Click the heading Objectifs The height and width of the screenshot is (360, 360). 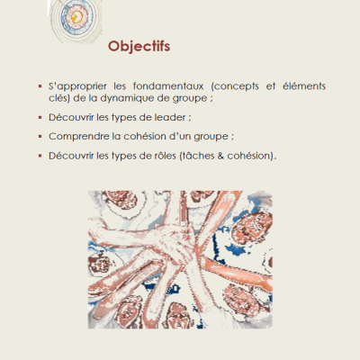coord(139,47)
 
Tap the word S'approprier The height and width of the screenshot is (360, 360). coord(77,86)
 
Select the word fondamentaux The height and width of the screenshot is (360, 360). coord(168,86)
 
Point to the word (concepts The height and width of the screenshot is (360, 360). coord(235,86)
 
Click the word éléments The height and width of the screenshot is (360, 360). coord(304,86)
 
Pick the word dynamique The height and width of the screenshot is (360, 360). coord(127,99)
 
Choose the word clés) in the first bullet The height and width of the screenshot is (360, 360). coord(59,98)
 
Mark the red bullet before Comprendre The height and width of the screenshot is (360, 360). coord(40,137)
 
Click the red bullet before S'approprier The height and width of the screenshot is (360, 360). coord(40,86)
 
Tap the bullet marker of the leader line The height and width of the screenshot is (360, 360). coord(40,117)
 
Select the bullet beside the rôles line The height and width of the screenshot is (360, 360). coord(40,156)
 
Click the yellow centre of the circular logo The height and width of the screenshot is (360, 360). coord(76,17)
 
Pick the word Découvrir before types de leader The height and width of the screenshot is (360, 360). coord(71,117)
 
